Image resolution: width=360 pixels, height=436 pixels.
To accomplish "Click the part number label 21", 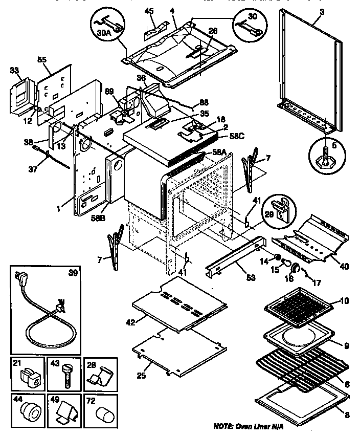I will (x=16, y=363).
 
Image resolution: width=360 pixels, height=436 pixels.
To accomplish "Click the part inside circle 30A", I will (x=109, y=25).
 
